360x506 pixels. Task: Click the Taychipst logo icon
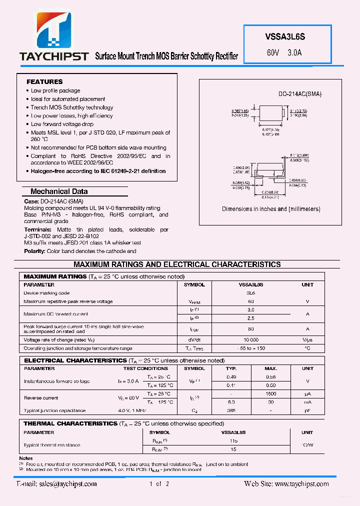point(53,30)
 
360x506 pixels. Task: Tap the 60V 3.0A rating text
point(284,52)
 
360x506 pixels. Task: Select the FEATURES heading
point(44,81)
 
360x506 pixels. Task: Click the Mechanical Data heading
point(59,191)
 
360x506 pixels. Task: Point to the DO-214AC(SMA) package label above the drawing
point(300,94)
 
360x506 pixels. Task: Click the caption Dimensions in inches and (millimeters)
point(271,209)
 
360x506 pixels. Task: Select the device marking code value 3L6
point(251,293)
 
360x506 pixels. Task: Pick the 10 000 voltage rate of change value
point(251,339)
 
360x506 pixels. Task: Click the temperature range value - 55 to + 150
point(251,348)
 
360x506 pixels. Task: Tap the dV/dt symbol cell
point(194,339)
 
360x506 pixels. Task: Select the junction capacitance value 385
point(231,410)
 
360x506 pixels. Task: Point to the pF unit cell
point(307,410)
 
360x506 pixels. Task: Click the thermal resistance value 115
point(233,441)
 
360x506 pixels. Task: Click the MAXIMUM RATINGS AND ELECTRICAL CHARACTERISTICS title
point(177,264)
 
